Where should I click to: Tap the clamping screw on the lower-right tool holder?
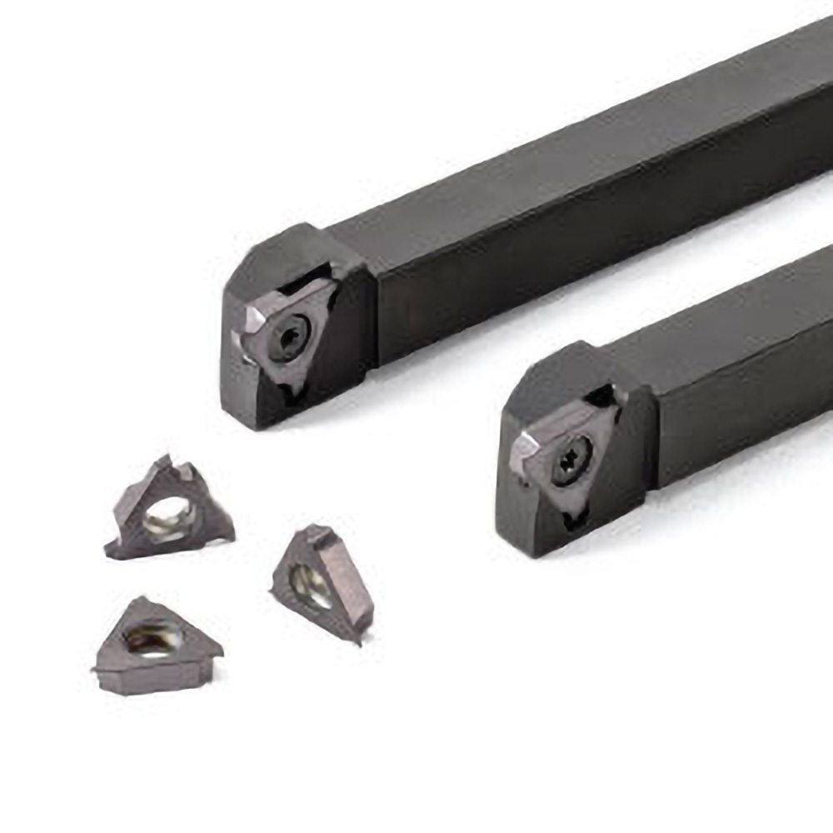pos(573,455)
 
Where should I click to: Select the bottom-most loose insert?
pos(154,646)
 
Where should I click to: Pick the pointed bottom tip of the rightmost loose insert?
pos(358,638)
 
